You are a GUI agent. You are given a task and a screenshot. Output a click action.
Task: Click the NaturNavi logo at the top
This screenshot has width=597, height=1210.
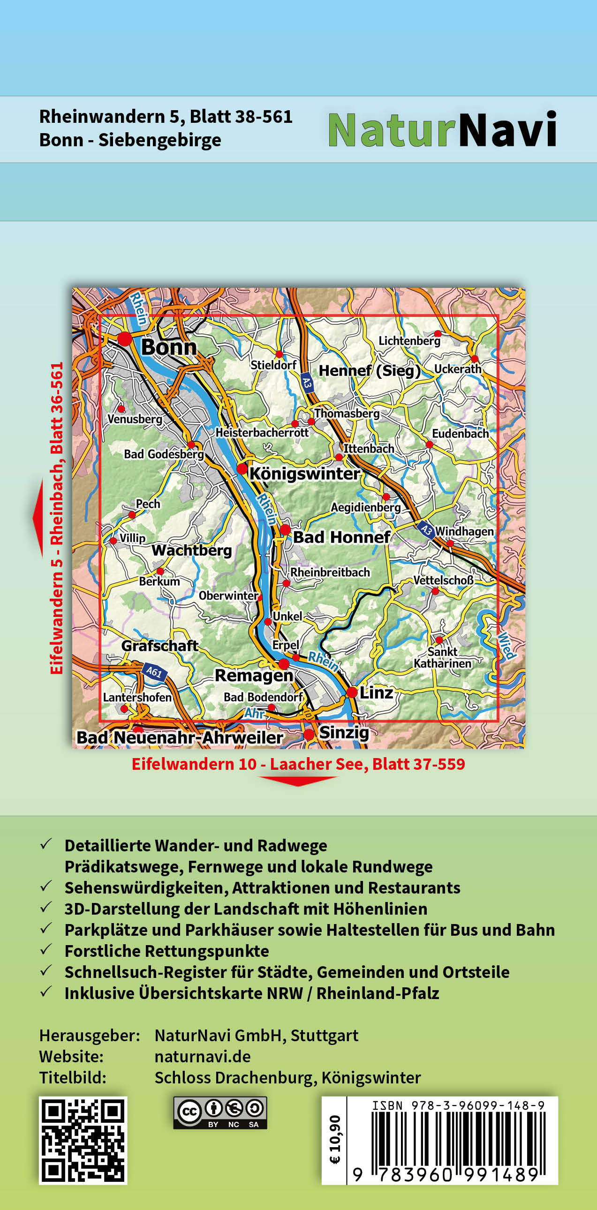pos(441,130)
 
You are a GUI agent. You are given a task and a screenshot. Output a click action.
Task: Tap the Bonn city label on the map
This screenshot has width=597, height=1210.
pos(169,347)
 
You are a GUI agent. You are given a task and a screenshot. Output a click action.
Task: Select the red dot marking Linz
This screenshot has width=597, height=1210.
pos(352,692)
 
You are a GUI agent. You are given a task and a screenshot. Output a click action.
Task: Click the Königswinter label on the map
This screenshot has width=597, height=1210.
pos(304,473)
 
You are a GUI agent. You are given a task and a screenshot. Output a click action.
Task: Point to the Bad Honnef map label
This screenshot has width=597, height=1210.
pos(341,537)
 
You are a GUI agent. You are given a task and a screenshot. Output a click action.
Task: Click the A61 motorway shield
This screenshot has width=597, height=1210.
pos(154,672)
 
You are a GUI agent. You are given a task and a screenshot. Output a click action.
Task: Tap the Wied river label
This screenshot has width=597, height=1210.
pos(506,646)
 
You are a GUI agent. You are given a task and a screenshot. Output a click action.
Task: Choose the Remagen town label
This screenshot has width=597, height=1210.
pos(254,676)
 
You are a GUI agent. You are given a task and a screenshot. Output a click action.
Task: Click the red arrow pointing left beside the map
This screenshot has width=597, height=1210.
pos(38,518)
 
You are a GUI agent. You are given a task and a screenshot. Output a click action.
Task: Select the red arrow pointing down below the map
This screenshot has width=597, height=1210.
pos(298,781)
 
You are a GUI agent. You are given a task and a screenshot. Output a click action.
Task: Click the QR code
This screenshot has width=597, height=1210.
pos(83,1140)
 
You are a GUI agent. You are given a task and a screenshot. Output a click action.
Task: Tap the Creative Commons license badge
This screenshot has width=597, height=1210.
pos(220,1112)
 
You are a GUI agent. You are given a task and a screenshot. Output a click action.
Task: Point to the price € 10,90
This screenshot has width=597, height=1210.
pos(334,1140)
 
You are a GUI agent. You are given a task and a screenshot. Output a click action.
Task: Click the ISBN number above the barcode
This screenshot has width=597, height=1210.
pos(458,1105)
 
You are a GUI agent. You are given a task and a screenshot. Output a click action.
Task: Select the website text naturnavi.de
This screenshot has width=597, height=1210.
pos(203,1056)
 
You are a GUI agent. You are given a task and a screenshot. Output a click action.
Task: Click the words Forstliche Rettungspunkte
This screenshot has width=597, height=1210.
pos(167,951)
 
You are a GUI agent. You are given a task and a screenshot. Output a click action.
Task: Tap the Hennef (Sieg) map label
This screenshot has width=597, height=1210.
pos(369,371)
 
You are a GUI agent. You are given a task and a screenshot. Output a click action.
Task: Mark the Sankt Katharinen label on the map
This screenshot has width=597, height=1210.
pos(442,657)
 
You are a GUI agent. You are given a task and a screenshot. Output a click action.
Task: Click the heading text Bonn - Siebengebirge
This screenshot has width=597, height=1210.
pos(130,140)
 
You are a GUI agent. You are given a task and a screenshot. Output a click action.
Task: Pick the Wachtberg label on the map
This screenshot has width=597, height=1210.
pos(192,550)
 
